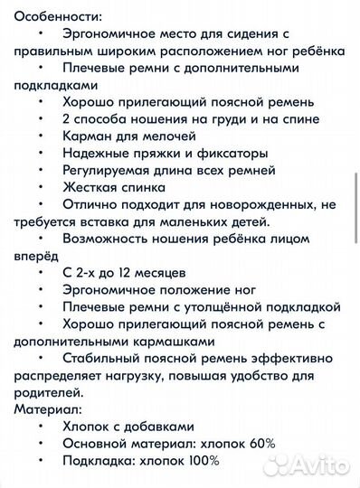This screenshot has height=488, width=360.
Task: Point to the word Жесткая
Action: tap(92, 188)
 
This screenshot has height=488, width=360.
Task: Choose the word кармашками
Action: tap(167, 342)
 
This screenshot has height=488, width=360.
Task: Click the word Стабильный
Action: tap(104, 359)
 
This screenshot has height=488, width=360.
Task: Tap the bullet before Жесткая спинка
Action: tap(42, 188)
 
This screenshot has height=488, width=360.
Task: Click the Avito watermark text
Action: tap(321, 465)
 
